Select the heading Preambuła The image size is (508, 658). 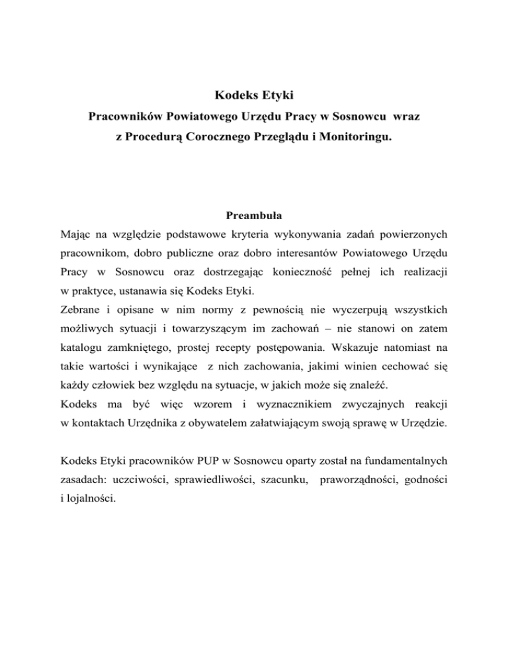pos(254,215)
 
